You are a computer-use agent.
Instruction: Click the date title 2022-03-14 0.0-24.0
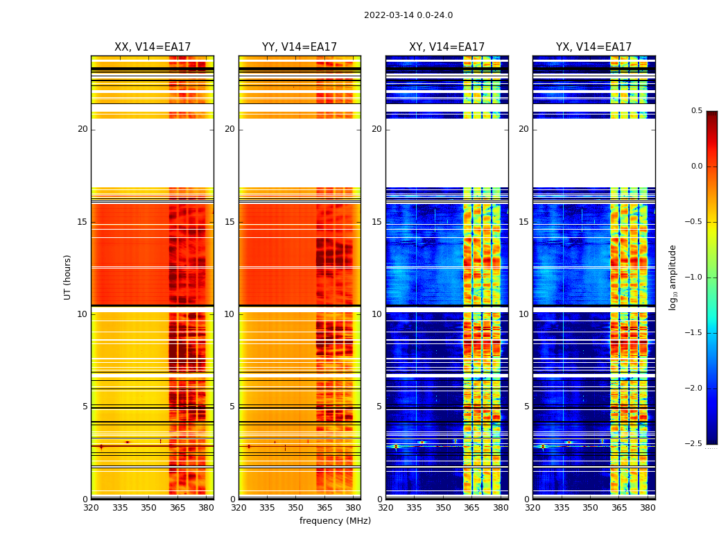click(x=408, y=15)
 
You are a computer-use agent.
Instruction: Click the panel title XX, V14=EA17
click(x=153, y=47)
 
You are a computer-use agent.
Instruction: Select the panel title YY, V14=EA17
click(x=300, y=47)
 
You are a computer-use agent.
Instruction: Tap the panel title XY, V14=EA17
click(x=447, y=47)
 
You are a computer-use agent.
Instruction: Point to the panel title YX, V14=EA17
click(x=593, y=47)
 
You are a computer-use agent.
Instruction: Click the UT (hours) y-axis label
click(x=67, y=277)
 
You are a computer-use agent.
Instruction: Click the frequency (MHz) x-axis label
click(x=335, y=521)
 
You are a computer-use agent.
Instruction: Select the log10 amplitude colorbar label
click(x=673, y=277)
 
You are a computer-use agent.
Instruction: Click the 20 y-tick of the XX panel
click(x=83, y=129)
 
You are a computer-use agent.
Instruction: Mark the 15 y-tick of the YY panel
click(x=229, y=222)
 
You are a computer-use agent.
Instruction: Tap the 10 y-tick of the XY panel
click(x=376, y=314)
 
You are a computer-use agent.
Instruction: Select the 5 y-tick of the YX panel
click(x=526, y=407)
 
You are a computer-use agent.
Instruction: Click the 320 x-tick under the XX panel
click(x=91, y=508)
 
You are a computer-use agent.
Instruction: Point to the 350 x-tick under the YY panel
click(x=296, y=508)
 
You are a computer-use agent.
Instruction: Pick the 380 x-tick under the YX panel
click(x=648, y=508)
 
